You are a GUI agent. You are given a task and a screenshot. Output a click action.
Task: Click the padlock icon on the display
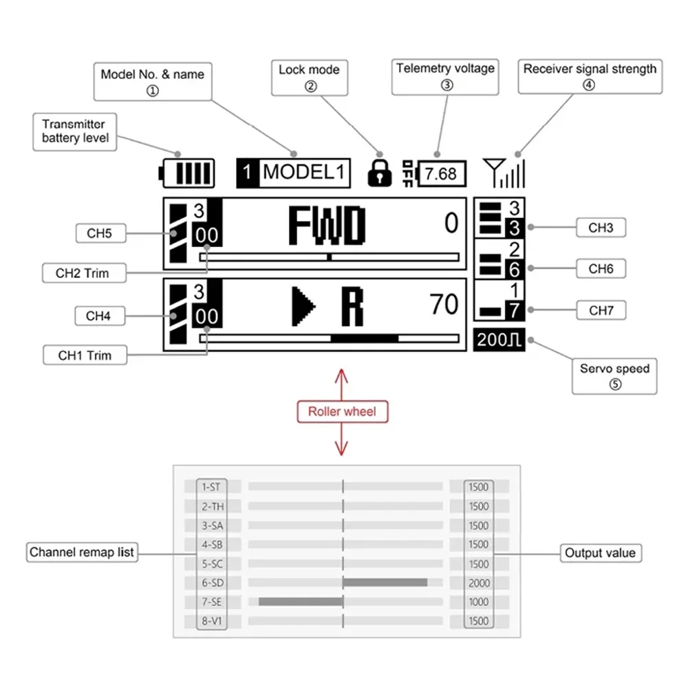[380, 173]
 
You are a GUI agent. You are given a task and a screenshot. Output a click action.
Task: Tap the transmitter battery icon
[186, 173]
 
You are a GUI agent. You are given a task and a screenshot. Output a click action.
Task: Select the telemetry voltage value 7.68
[440, 174]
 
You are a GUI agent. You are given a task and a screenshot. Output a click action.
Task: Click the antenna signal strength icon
[504, 173]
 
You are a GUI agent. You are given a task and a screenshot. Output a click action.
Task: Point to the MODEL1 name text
[303, 172]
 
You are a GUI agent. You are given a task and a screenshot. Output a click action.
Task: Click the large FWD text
[327, 225]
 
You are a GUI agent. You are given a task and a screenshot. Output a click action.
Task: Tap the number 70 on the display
[444, 304]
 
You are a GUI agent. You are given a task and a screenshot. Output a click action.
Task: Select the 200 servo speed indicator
[499, 340]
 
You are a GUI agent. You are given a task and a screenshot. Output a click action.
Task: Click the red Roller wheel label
[342, 411]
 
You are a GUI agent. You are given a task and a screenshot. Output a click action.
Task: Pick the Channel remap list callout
[82, 552]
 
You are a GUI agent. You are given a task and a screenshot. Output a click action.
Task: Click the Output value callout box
[600, 553]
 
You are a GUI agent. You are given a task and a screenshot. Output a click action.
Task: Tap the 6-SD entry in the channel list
[213, 583]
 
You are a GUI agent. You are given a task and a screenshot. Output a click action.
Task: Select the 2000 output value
[479, 583]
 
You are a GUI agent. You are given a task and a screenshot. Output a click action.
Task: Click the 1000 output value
[479, 602]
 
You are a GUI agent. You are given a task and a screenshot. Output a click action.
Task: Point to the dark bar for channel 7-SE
[301, 601]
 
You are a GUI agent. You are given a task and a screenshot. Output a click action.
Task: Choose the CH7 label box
[601, 310]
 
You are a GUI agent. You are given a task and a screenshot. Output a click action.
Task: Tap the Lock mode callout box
[310, 78]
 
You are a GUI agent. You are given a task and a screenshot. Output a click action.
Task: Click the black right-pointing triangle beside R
[303, 306]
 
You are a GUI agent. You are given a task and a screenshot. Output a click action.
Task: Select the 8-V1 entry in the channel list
[212, 621]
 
